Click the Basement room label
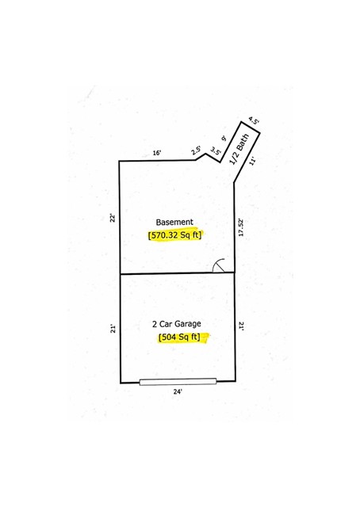(x=174, y=222)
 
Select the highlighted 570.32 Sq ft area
(x=174, y=235)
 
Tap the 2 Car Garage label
(x=177, y=324)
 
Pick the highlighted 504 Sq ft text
(x=179, y=337)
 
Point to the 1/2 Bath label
(x=239, y=149)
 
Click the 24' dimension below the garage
(x=178, y=391)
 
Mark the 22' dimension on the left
(x=113, y=219)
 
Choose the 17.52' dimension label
(x=241, y=228)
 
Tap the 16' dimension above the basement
(x=157, y=153)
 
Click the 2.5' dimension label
(x=196, y=151)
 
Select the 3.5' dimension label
(x=216, y=151)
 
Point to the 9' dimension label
(x=224, y=139)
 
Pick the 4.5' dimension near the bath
(x=254, y=120)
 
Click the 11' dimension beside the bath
(x=253, y=161)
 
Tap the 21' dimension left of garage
(x=113, y=329)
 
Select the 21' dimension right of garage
(x=241, y=326)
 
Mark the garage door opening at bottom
(x=178, y=382)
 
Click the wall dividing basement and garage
(x=178, y=273)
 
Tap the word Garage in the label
(x=188, y=324)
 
